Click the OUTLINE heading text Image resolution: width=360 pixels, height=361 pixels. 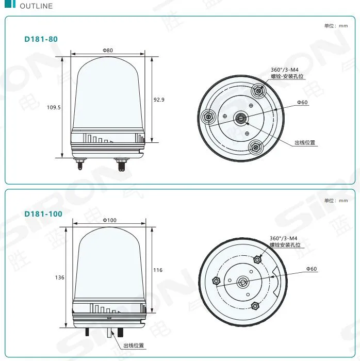[x=36, y=6]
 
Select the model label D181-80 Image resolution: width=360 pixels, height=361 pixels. [x=41, y=39]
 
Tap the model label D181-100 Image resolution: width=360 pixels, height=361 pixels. [x=43, y=214]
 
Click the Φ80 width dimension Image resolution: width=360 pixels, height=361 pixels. [x=108, y=50]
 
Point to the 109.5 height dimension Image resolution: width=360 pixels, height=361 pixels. [x=54, y=107]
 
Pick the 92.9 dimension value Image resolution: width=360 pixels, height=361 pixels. [x=159, y=100]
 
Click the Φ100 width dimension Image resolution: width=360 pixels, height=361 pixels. [x=109, y=220]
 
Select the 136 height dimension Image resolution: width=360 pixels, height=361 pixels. [x=60, y=277]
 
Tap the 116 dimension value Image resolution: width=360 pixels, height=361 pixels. [x=158, y=270]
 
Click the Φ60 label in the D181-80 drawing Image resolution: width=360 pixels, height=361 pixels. [x=302, y=103]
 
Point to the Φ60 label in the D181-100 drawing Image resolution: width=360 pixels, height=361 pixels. [x=312, y=269]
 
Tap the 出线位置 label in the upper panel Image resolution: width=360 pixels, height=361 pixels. [x=304, y=143]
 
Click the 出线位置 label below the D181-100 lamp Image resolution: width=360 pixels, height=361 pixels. [x=133, y=346]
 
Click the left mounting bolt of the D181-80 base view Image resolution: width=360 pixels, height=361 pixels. [x=208, y=117]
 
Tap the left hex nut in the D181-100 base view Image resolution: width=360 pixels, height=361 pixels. [x=217, y=281]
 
